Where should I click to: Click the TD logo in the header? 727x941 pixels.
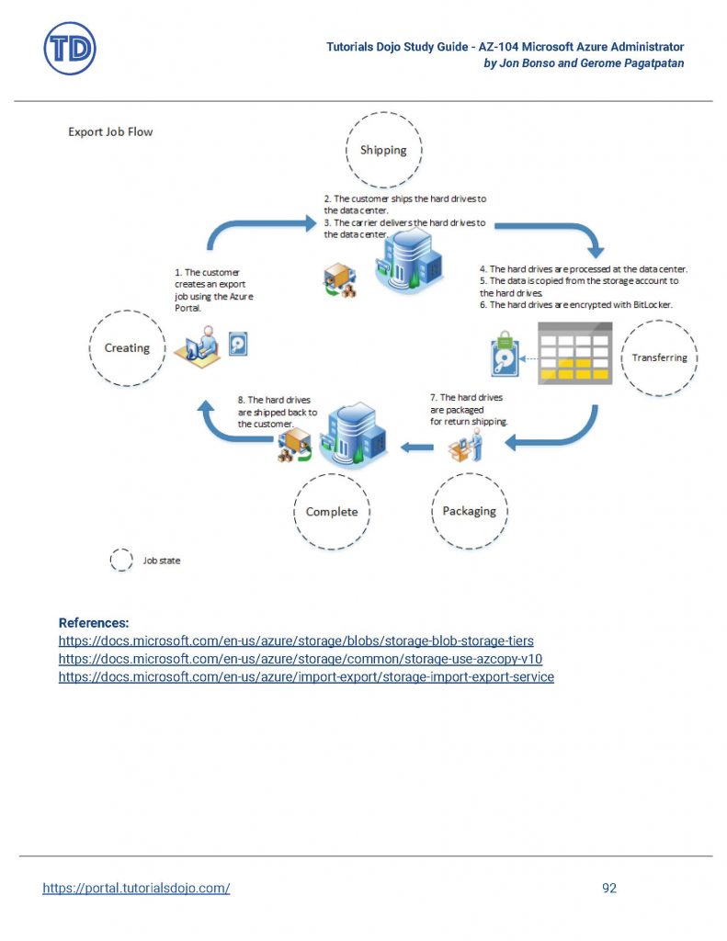[x=70, y=49]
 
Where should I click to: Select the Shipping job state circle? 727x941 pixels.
[x=383, y=150]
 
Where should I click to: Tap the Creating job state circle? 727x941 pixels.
[x=127, y=348]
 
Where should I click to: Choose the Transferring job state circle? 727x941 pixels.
[x=659, y=357]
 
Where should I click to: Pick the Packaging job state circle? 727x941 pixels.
[x=469, y=511]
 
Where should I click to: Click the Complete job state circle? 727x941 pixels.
[x=332, y=512]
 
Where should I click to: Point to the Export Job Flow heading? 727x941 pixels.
[x=110, y=132]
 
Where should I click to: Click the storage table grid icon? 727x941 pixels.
[x=574, y=353]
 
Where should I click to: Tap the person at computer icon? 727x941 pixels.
[x=198, y=347]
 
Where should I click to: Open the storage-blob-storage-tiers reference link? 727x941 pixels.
[x=296, y=641]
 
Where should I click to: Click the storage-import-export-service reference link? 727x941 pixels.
[x=306, y=677]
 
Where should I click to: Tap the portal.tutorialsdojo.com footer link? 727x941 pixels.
[x=136, y=888]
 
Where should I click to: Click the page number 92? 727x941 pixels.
[x=608, y=888]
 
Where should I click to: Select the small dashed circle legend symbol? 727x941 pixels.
[x=121, y=561]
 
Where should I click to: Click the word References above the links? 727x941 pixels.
[x=94, y=622]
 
